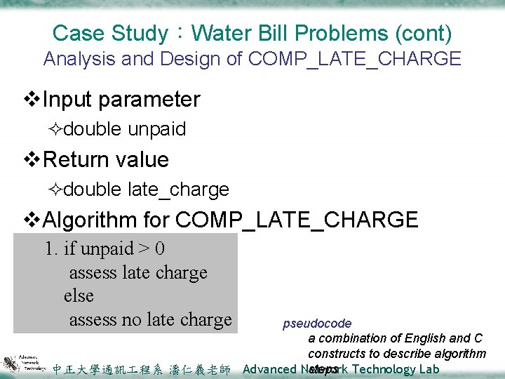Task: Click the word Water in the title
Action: (219, 33)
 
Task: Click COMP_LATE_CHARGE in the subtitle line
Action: (355, 59)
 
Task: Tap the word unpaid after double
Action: (157, 129)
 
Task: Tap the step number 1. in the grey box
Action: (52, 249)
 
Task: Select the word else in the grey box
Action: (79, 295)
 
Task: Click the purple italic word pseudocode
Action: (317, 324)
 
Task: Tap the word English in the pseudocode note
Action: (415, 339)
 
